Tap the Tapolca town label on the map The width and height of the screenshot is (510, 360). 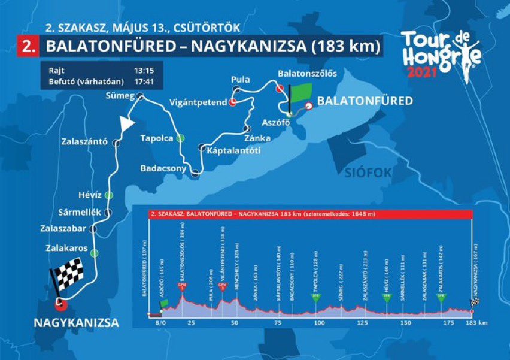pos(156,138)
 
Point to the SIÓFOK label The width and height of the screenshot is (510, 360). pos(368,173)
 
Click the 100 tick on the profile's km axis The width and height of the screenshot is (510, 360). pos(318,322)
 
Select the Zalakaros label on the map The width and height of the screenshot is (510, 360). pos(66,247)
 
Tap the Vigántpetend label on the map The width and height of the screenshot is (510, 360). pos(198,102)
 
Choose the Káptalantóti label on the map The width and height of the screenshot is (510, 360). pos(233,150)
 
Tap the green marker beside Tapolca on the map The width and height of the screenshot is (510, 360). pos(179,138)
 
